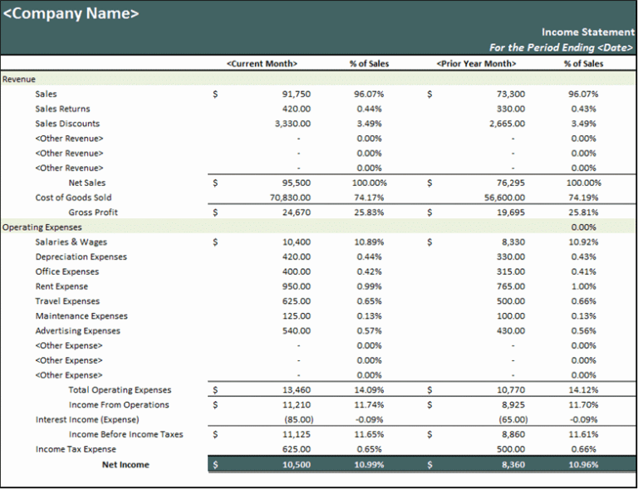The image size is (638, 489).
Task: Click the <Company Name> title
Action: click(x=71, y=14)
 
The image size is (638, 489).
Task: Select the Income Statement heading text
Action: click(x=588, y=32)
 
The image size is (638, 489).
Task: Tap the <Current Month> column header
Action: click(x=262, y=64)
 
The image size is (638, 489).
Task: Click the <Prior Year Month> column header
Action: click(x=477, y=64)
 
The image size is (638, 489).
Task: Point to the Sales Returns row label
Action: click(x=62, y=109)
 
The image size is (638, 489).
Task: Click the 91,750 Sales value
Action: click(x=297, y=95)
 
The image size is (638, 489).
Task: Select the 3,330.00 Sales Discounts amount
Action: click(x=293, y=124)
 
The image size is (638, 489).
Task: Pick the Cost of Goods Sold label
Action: click(x=73, y=198)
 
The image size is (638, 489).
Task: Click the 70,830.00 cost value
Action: click(x=290, y=198)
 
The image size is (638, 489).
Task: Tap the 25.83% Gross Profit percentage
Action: click(x=370, y=213)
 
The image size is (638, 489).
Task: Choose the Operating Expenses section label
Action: click(x=42, y=227)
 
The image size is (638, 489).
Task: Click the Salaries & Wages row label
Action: click(x=71, y=242)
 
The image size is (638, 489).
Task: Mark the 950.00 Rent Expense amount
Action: click(x=297, y=286)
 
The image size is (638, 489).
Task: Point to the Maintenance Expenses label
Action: click(x=81, y=315)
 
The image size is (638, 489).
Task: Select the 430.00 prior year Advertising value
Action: click(x=511, y=331)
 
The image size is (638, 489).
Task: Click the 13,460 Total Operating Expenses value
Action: click(x=297, y=390)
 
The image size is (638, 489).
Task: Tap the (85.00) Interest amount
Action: click(x=298, y=419)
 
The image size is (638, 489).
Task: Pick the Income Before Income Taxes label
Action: click(x=126, y=434)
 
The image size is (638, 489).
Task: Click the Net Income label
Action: click(x=125, y=465)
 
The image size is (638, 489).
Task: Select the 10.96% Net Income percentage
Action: click(x=583, y=465)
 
